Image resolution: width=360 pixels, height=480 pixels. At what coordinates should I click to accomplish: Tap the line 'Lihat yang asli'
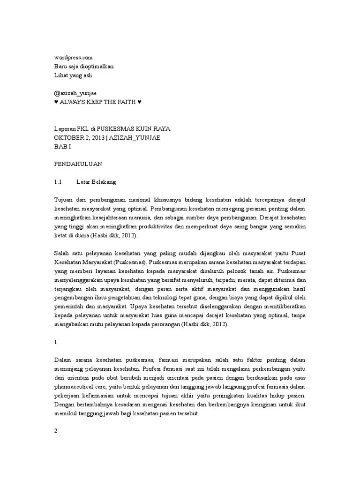pyautogui.click(x=73, y=75)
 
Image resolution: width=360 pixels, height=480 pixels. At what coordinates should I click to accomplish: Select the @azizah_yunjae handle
pyautogui.click(x=75, y=93)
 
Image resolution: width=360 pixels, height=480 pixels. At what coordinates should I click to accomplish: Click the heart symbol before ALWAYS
pyautogui.click(x=56, y=102)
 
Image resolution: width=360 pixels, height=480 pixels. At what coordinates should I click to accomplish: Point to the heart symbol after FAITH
pyautogui.click(x=139, y=102)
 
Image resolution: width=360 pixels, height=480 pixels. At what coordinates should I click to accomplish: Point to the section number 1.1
pyautogui.click(x=58, y=181)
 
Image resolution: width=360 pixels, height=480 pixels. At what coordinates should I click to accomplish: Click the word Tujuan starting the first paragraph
pyautogui.click(x=64, y=199)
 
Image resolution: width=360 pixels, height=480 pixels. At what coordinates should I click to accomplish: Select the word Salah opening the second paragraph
pyautogui.click(x=62, y=253)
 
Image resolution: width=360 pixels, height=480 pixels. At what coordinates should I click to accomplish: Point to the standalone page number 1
pyautogui.click(x=56, y=342)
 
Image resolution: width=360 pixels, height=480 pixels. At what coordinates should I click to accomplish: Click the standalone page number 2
pyautogui.click(x=56, y=432)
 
